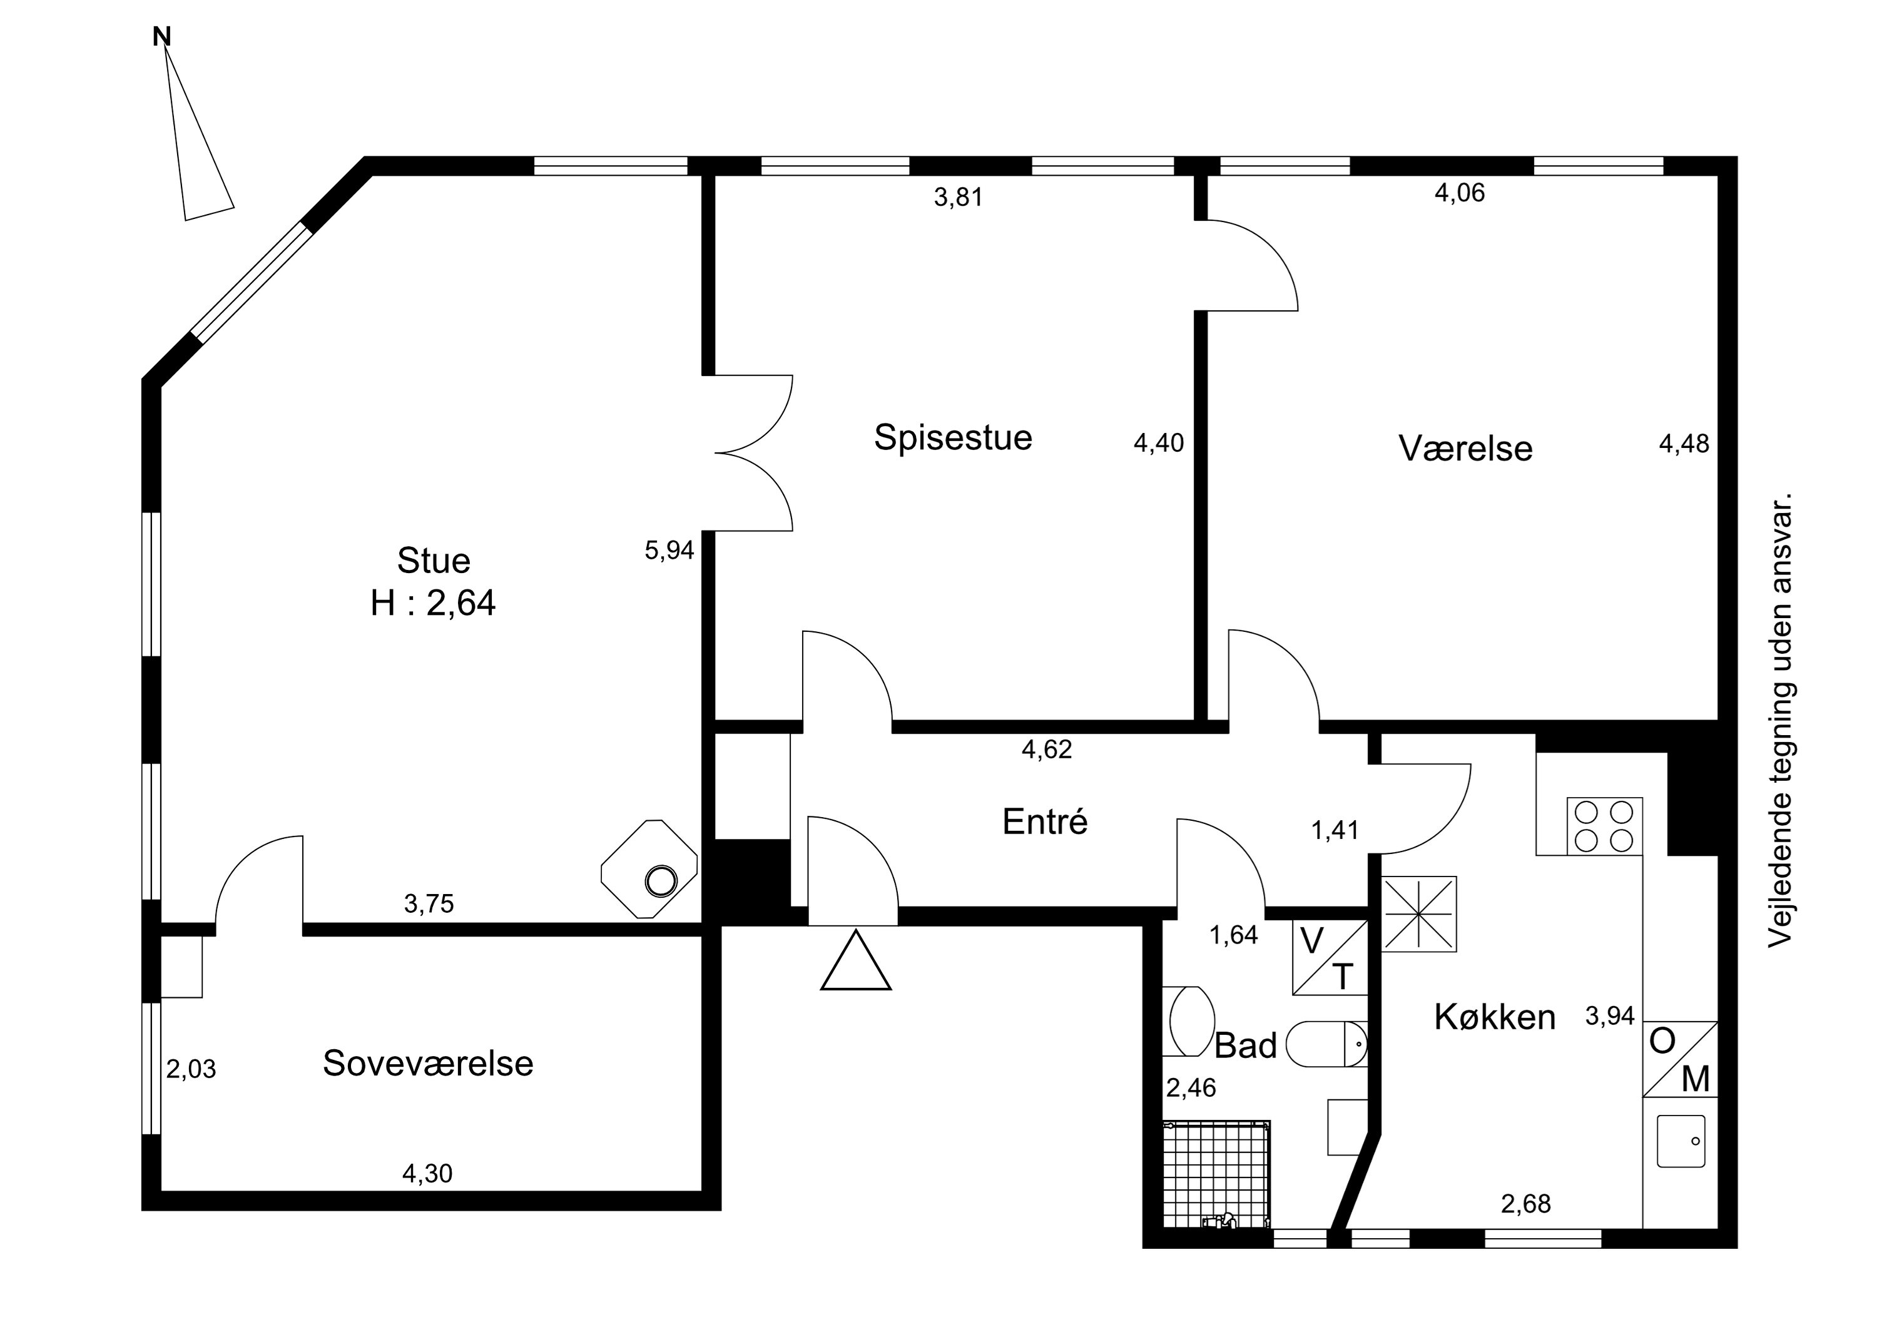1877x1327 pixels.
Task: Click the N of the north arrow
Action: pos(162,37)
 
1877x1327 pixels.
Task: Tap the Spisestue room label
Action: pos(954,437)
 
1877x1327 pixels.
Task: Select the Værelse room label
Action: pos(1465,448)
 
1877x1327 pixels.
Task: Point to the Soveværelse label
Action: pos(427,1063)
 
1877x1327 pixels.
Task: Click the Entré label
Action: pos(1045,821)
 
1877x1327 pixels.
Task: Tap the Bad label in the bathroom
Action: pos(1245,1045)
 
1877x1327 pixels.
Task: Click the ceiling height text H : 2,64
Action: pos(434,603)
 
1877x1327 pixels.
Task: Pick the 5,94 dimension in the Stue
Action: pos(669,551)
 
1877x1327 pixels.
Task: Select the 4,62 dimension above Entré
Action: pos(1046,749)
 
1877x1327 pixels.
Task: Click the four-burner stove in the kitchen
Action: pos(1604,826)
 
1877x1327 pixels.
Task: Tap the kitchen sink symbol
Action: pos(1681,1141)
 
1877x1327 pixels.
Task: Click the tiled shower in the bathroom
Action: pos(1216,1174)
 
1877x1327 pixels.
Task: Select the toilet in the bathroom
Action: pos(1326,1044)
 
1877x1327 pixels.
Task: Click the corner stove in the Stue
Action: pos(649,869)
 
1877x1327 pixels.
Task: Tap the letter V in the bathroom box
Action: pos(1311,942)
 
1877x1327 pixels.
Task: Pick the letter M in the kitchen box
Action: pos(1696,1080)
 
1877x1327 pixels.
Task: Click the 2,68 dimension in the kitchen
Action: pos(1525,1204)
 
